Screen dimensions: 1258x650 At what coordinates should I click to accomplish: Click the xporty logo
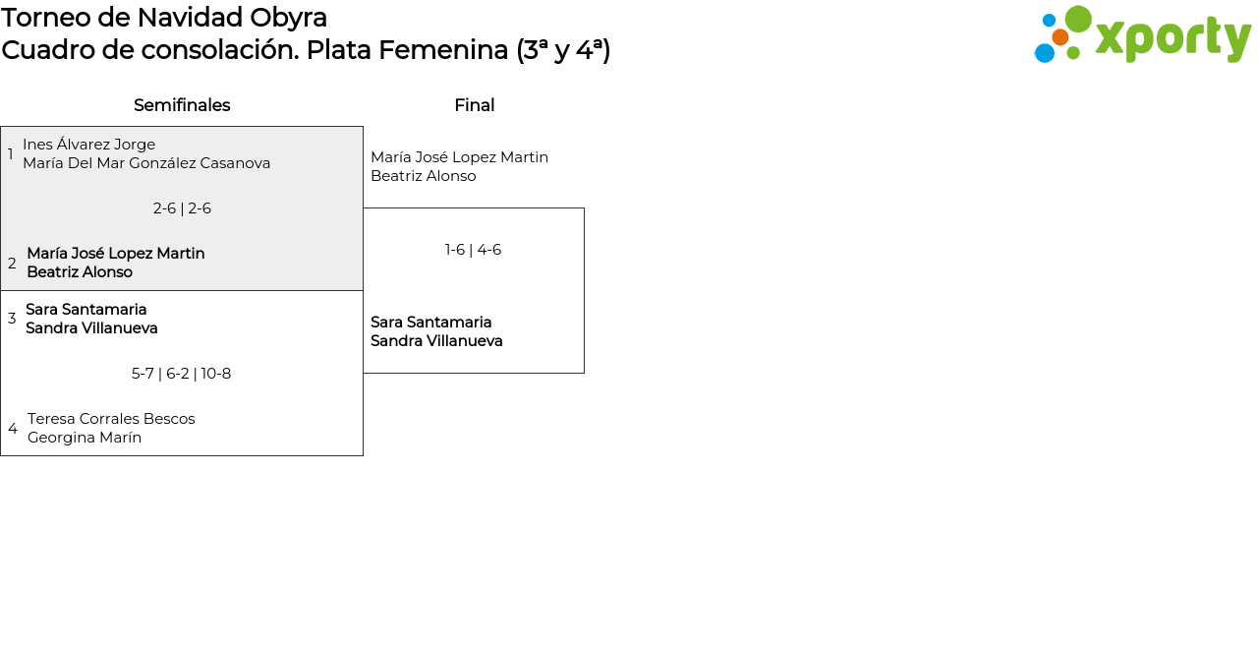1142,34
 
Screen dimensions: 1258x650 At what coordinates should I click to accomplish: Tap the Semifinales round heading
182,105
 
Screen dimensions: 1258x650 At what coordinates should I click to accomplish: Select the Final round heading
475,105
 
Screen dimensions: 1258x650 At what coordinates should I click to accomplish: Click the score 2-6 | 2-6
182,208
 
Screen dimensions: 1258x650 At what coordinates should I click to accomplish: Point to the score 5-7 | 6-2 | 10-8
182,374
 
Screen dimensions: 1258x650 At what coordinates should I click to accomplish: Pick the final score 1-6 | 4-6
473,250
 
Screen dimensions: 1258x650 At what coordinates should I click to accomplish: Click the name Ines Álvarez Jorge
88,145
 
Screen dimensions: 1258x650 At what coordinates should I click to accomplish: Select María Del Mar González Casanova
146,163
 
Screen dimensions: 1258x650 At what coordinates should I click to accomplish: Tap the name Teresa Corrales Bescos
111,419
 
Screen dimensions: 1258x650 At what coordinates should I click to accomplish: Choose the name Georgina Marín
85,438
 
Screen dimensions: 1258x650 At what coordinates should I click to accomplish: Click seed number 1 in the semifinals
10,153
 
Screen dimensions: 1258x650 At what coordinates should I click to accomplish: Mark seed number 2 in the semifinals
12,263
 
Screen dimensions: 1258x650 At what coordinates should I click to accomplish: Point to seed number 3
12,319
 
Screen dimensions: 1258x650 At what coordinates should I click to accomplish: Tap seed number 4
13,429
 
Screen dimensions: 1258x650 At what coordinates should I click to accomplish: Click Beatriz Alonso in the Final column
424,176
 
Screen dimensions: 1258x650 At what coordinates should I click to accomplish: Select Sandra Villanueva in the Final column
436,341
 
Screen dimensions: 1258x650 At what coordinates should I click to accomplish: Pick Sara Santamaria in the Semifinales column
86,310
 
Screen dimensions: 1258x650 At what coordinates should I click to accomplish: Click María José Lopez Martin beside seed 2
116,254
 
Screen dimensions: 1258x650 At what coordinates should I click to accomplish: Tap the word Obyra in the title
288,19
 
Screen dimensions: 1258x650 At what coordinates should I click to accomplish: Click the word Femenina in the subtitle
443,50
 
